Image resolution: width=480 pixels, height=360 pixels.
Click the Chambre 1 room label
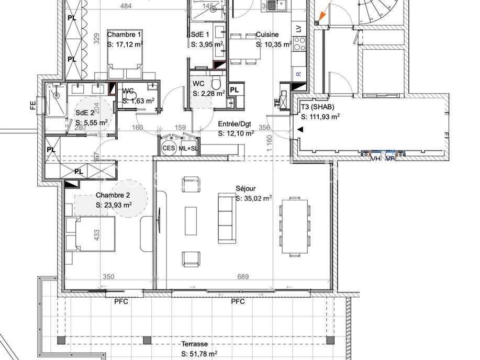(x=124, y=35)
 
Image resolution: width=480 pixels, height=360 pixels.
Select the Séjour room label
(x=245, y=189)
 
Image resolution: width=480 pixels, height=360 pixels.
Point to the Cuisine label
(x=266, y=35)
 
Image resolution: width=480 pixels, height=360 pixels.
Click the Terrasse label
(x=195, y=344)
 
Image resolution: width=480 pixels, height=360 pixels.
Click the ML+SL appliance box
(x=188, y=148)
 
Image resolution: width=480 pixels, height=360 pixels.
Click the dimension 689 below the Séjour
(x=242, y=277)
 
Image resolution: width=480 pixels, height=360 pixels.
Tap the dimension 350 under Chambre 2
(x=108, y=277)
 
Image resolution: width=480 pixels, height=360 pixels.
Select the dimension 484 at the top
(x=126, y=6)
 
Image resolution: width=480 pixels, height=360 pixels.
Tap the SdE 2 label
(x=85, y=113)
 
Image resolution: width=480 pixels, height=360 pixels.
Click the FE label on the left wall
(x=33, y=106)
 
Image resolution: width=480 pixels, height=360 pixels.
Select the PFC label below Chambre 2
(x=121, y=301)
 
